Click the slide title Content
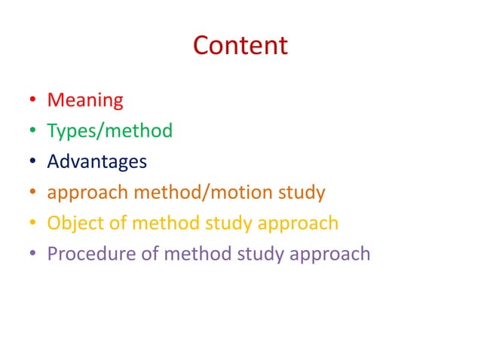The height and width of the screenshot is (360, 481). tap(240, 46)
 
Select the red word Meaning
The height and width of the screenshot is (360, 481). tap(85, 99)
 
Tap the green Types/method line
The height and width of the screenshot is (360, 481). tap(109, 131)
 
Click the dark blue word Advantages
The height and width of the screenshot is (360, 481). tap(97, 161)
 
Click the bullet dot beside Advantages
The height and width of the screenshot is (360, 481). tap(33, 162)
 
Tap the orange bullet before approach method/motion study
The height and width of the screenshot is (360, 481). tap(33, 193)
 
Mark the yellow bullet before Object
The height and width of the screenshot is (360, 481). tap(33, 224)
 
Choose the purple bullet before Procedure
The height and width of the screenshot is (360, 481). tap(33, 254)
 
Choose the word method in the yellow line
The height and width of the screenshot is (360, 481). tap(159, 223)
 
